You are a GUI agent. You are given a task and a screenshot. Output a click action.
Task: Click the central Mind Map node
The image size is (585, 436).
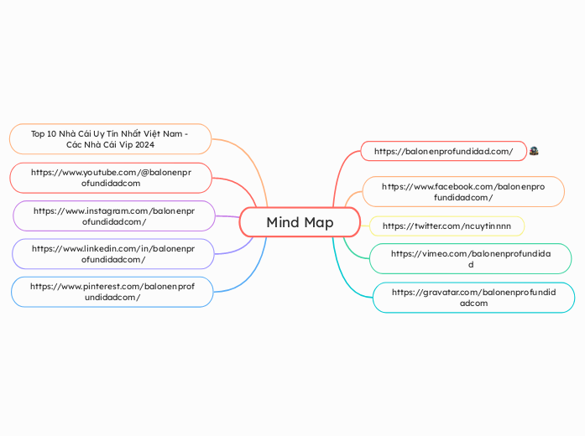pyautogui.click(x=300, y=222)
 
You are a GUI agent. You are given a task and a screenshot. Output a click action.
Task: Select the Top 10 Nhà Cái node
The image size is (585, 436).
pyautogui.click(x=110, y=138)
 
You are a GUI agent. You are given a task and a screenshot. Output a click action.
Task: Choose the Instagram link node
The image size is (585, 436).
pyautogui.click(x=114, y=215)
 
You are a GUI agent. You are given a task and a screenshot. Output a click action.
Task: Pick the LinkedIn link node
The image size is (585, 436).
pyautogui.click(x=112, y=253)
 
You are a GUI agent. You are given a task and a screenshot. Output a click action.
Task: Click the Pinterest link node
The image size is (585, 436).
pyautogui.click(x=112, y=291)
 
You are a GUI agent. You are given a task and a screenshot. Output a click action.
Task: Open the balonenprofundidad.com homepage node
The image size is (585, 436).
pyautogui.click(x=443, y=151)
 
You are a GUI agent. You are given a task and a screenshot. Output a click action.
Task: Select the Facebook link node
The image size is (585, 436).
pyautogui.click(x=462, y=191)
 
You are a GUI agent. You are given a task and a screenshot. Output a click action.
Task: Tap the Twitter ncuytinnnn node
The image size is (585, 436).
pyautogui.click(x=447, y=226)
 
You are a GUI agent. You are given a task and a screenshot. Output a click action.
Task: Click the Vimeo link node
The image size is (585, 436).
pyautogui.click(x=470, y=258)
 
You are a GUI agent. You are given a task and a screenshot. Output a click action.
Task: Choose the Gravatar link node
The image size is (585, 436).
pyautogui.click(x=473, y=297)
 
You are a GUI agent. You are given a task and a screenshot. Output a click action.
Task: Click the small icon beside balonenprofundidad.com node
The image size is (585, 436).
pyautogui.click(x=534, y=151)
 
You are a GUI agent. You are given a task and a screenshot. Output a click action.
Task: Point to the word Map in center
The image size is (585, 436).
pyautogui.click(x=318, y=222)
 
